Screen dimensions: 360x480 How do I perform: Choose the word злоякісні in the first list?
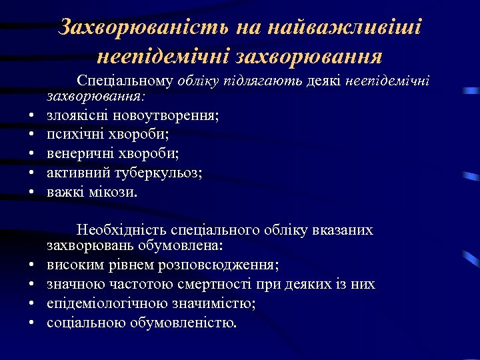71,116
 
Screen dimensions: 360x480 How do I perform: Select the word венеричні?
76,155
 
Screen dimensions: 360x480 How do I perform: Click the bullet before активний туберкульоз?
32,175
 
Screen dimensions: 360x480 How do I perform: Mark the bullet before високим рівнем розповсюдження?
32,266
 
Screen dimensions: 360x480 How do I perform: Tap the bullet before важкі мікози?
32,194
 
